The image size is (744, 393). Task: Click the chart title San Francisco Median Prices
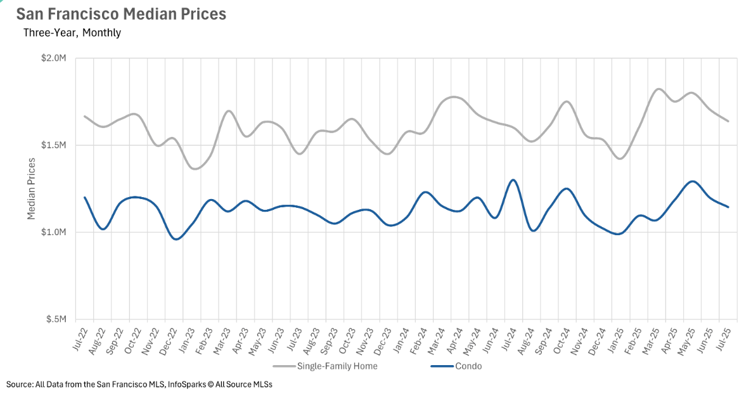[x=120, y=14]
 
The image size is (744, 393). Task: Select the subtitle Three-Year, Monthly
[x=72, y=32]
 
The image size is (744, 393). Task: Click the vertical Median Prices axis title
[x=31, y=188]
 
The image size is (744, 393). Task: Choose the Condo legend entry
[x=468, y=366]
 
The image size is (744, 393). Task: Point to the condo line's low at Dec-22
[x=177, y=239]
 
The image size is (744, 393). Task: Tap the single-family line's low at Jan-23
[x=195, y=169]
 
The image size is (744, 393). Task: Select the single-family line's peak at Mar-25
[x=658, y=89]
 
